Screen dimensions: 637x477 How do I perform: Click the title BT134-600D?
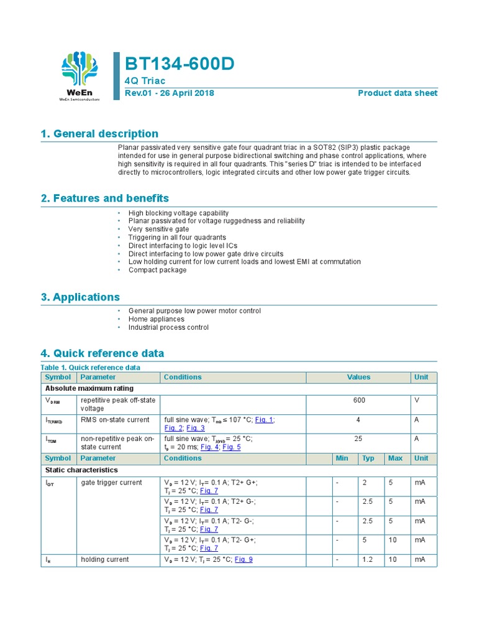point(180,63)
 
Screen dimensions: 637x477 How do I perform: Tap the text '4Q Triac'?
point(145,81)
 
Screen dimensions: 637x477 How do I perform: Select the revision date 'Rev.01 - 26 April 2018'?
point(170,93)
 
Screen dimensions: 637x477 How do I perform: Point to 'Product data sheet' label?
point(397,93)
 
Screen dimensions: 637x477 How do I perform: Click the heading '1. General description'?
point(99,134)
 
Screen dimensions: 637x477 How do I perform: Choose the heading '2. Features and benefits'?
point(104,198)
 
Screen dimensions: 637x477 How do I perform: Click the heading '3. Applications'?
point(80,297)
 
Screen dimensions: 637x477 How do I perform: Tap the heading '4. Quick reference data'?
point(102,353)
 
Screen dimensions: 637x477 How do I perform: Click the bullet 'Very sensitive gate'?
point(158,230)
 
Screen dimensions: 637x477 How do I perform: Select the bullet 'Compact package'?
point(157,270)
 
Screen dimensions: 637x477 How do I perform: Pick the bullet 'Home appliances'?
point(156,319)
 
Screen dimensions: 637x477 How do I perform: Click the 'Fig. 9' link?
point(243,560)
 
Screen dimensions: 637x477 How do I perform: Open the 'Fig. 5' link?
point(232,447)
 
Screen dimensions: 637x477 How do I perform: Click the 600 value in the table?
point(359,401)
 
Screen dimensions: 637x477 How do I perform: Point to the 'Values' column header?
point(358,377)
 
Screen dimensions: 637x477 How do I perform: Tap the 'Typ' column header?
point(368,458)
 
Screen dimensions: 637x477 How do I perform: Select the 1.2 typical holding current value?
point(368,560)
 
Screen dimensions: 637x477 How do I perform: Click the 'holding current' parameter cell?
point(105,560)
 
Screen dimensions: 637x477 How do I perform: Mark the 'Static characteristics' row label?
point(81,470)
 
